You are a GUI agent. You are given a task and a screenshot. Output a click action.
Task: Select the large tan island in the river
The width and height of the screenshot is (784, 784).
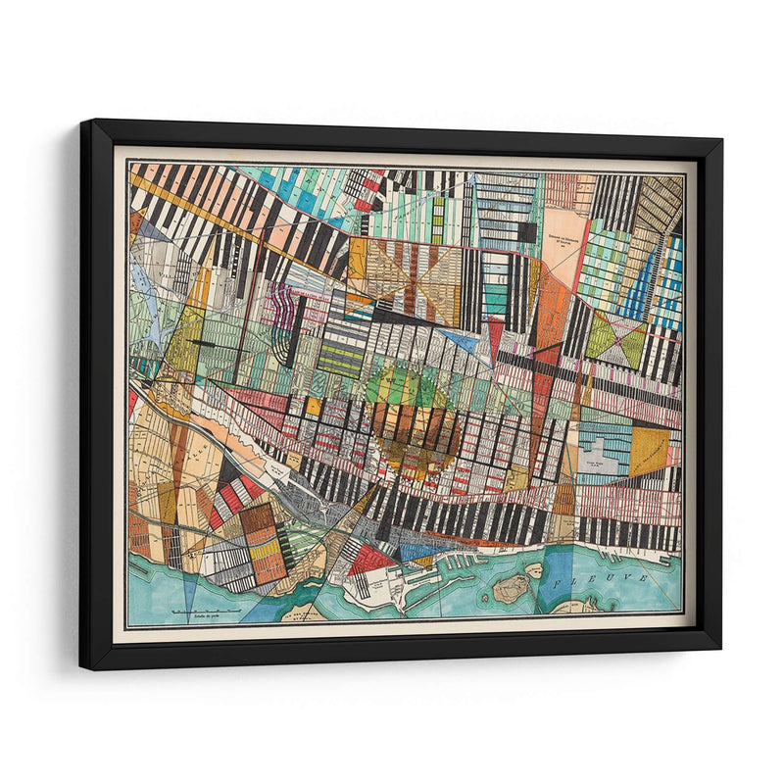coord(511,587)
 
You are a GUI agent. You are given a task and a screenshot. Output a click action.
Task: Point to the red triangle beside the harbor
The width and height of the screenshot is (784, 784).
coord(371,560)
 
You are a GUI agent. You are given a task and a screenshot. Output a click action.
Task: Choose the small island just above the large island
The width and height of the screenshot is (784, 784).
coord(533,567)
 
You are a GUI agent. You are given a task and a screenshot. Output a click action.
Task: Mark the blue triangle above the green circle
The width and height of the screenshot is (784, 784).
coord(459,340)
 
